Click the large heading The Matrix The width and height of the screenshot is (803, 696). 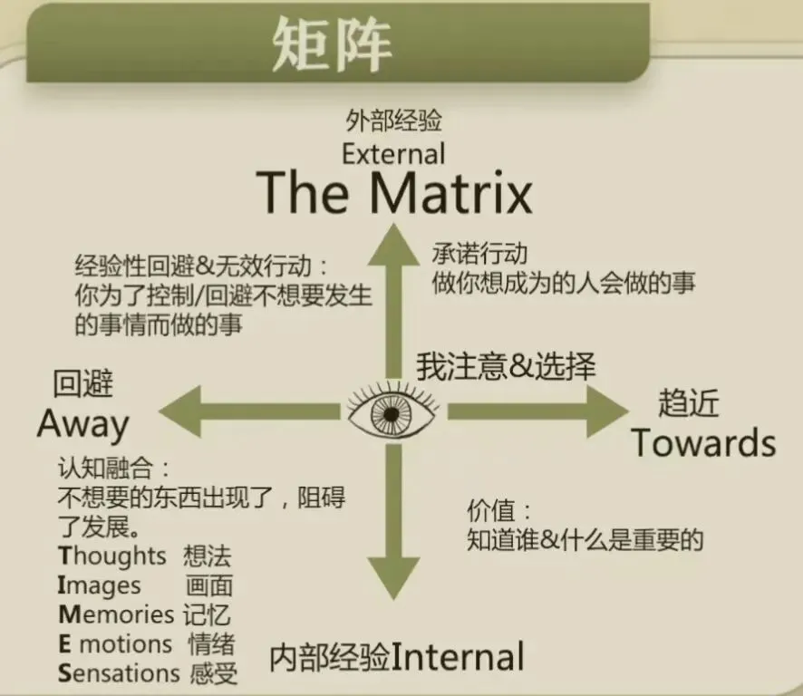(394, 192)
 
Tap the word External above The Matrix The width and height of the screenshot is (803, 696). (393, 153)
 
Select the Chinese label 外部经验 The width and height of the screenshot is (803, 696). (393, 121)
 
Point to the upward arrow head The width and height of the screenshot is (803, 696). (393, 242)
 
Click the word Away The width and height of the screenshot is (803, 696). (83, 423)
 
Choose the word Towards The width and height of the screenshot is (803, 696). (703, 443)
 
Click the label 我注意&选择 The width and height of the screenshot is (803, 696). (506, 366)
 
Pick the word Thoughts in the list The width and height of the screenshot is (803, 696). (112, 555)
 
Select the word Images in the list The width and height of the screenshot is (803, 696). (100, 585)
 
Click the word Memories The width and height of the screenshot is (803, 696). (116, 614)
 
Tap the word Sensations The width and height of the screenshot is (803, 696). (119, 673)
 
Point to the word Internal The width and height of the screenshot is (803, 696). (458, 657)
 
